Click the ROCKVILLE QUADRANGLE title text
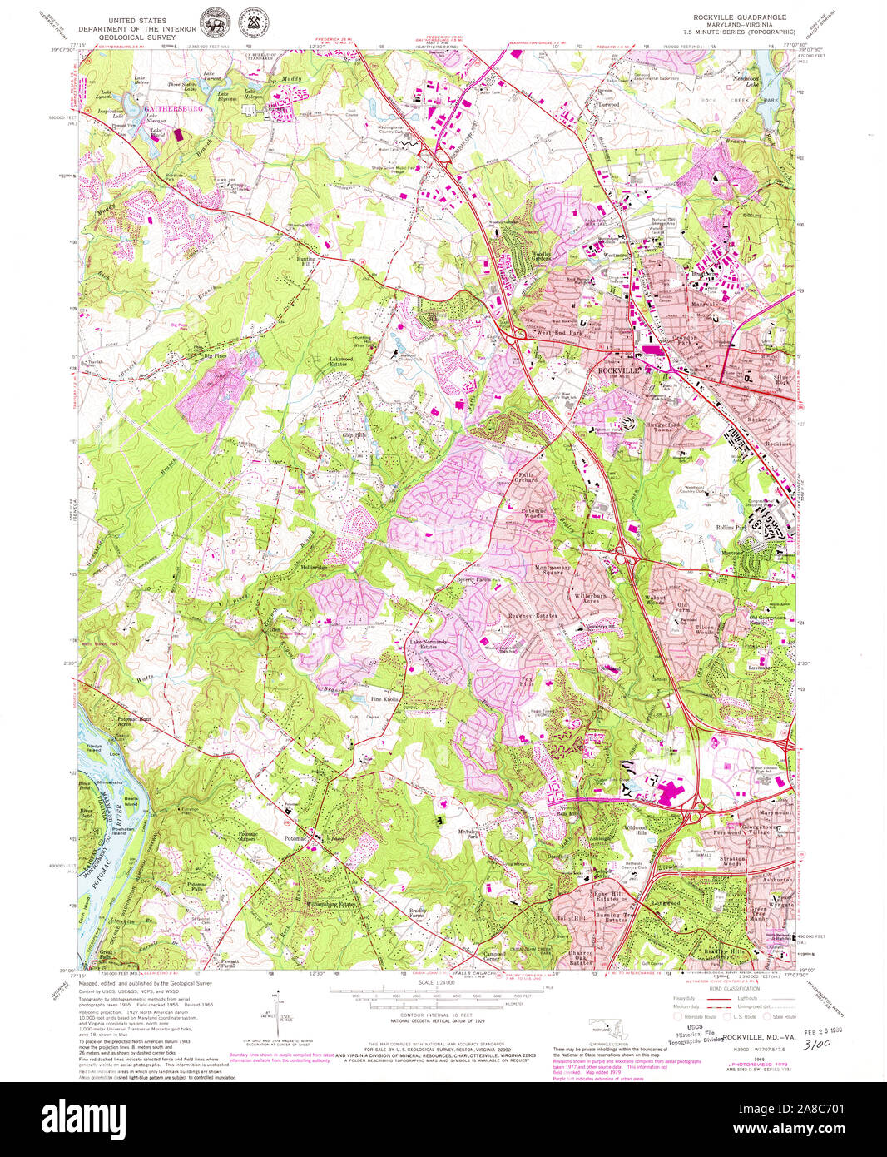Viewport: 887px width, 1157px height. point(740,17)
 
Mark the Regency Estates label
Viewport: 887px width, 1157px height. point(533,616)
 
